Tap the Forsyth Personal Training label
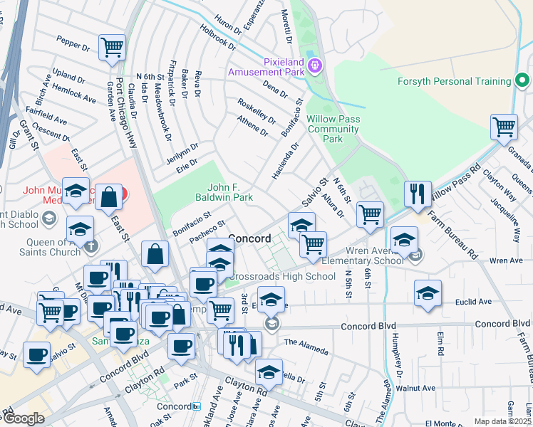(453, 81)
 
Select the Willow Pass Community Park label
(333, 129)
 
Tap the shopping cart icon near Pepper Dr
(113, 48)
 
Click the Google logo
(24, 418)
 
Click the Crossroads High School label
(281, 276)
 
